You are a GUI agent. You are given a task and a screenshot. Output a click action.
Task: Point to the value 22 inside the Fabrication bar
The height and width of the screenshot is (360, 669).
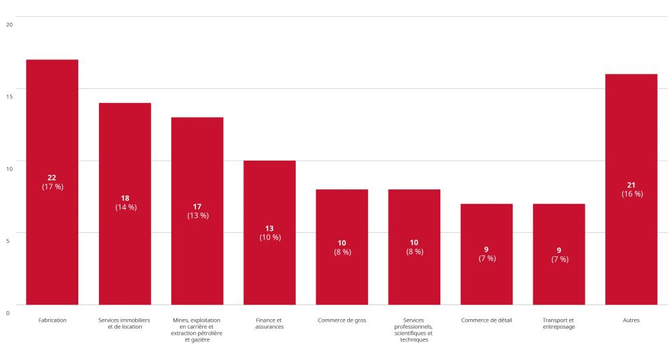tap(52, 177)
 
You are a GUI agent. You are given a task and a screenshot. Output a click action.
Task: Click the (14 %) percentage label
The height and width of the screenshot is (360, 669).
tap(126, 207)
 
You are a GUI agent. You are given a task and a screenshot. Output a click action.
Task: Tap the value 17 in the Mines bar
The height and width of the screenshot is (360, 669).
tap(197, 206)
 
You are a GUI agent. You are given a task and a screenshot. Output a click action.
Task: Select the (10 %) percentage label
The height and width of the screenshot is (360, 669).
tap(270, 238)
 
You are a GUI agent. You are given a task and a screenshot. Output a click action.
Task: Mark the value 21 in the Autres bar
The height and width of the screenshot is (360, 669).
tap(631, 185)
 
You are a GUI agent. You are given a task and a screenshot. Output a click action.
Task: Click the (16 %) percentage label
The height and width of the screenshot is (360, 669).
tap(632, 194)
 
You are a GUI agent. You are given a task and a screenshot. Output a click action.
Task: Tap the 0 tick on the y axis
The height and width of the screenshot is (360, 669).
tap(8, 313)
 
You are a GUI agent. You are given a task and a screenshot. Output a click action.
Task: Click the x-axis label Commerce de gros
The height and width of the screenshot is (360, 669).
tap(342, 321)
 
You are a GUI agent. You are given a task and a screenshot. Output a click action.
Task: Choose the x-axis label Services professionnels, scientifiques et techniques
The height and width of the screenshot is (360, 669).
tap(414, 330)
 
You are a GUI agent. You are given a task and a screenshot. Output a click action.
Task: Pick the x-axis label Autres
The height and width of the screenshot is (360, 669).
tap(631, 321)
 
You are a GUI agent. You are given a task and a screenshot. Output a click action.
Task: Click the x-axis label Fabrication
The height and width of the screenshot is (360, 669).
tap(52, 321)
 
